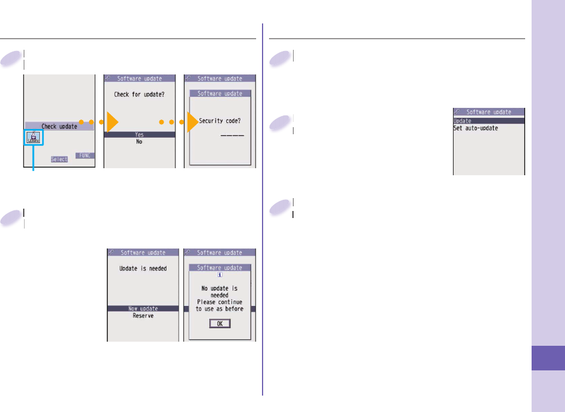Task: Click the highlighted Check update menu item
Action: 59,126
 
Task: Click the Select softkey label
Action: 59,159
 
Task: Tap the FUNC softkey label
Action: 85,156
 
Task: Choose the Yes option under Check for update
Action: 139,135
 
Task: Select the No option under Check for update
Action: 139,142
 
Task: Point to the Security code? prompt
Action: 220,121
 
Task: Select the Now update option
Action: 142,309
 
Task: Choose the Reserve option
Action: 142,316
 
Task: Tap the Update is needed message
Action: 142,268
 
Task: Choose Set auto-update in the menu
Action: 476,128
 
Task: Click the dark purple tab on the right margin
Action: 549,357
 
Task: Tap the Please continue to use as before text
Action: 220,305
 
